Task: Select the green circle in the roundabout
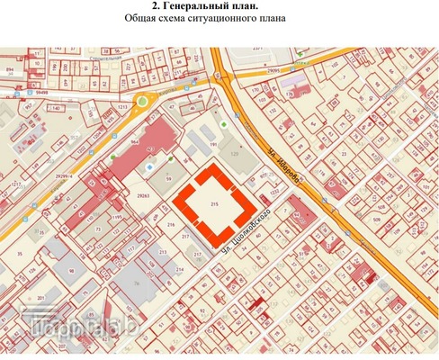pos(142,102)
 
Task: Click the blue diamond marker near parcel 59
pos(149,167)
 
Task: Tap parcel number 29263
pos(141,195)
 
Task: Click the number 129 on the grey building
pos(237,156)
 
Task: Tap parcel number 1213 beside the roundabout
pos(121,106)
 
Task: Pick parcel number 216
pos(169,224)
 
